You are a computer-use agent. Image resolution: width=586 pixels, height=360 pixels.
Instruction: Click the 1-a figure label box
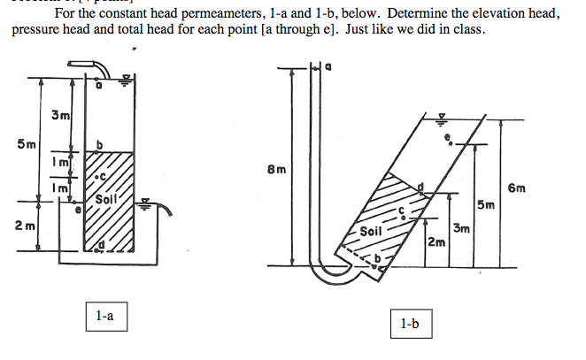point(104,316)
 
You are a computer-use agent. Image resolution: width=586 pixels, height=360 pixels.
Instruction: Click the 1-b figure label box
point(408,325)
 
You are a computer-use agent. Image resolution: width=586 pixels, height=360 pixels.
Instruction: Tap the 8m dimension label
point(275,170)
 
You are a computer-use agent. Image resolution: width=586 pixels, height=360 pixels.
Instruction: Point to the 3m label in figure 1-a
point(60,116)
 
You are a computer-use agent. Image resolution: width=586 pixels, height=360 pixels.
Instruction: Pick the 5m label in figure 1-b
point(486,206)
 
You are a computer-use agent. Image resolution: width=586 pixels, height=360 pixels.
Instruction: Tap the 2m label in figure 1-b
point(435,242)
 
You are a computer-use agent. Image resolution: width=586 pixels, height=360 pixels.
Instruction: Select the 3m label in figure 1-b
point(462,230)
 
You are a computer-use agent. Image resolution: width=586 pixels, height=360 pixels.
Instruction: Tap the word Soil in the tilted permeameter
point(372,232)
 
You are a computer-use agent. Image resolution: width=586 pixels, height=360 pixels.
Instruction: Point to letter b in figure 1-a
point(100,144)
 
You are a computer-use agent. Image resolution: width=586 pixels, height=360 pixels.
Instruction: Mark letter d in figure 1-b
point(420,188)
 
